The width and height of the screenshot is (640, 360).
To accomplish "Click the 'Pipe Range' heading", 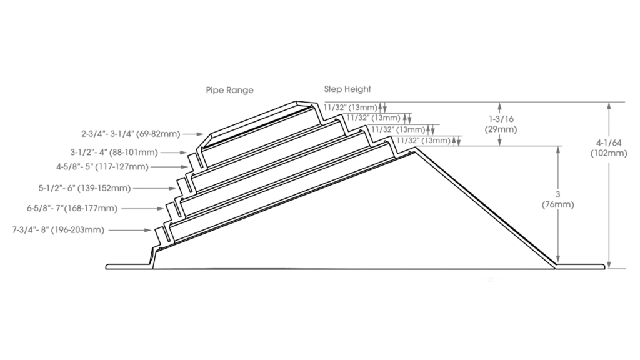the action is pos(229,90).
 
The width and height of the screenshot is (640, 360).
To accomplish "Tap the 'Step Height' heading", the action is pos(347,89).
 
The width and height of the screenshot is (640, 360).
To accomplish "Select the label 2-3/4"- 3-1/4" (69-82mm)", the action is pos(131,134).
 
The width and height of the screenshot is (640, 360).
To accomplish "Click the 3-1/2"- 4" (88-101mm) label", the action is pos(114,152).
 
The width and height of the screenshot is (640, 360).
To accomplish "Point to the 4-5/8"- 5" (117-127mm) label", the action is pos(102,166).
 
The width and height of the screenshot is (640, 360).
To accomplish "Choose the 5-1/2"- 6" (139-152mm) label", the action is pos(84,188).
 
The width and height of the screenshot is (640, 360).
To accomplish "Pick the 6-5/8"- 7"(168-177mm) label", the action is pos(72,209).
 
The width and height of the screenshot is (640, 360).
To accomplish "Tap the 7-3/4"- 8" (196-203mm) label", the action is pos(58,230).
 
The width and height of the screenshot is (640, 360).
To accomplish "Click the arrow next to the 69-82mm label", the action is pos(194,134).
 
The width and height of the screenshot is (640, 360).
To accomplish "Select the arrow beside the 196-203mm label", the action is pos(130,230).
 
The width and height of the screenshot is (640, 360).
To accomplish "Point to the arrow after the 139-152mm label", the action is pos(155,188).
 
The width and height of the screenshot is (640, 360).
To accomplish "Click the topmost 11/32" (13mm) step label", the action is pos(351,107).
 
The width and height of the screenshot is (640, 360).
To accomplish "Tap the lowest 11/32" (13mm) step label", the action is pos(423,141).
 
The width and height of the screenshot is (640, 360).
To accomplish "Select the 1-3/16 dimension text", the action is pos(501,119).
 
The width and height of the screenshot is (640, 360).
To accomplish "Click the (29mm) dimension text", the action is pos(501,129).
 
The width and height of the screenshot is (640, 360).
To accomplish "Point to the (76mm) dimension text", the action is pos(558,204).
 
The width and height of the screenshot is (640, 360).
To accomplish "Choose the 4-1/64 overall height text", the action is pos(609,143).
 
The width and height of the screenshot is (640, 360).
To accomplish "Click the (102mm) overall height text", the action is pos(609,154).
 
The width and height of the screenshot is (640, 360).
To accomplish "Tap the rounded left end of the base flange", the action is pos(107,266).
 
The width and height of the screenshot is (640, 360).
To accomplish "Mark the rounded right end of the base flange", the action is pos(603,266).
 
